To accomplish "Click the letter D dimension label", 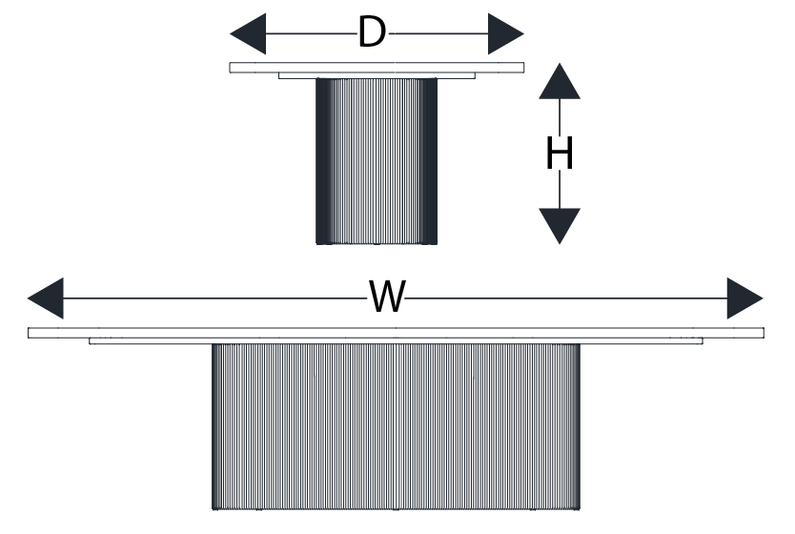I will pos(371,34).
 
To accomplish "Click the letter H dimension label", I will pos(560,154).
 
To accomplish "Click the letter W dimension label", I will pos(387,298).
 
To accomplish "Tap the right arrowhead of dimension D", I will pos(505,35).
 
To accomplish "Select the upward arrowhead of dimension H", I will pos(560,82).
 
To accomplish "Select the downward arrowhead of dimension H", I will pos(560,225).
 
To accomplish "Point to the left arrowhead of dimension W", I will pos(46,298).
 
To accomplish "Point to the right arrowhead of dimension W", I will pos(744,298).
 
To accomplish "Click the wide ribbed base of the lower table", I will pos(395,424).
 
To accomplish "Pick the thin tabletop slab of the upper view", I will pos(377,67).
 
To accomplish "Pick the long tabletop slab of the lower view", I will pos(396,332).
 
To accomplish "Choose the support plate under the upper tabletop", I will pos(377,74).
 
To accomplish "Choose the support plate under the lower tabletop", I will pos(396,340).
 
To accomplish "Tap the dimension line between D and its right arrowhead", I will pos(438,35).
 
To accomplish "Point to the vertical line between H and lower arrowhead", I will pos(560,190).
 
